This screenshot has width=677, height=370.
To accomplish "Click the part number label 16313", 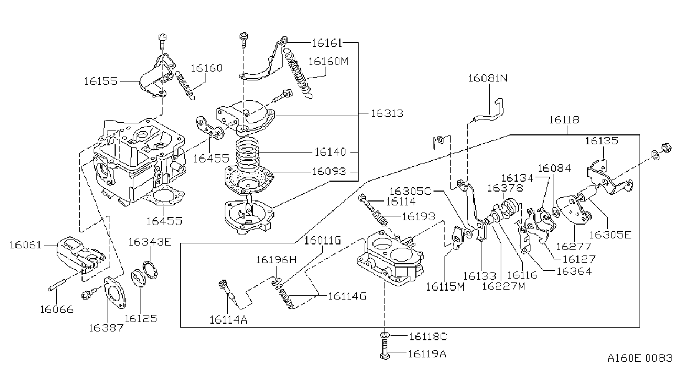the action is [387, 113].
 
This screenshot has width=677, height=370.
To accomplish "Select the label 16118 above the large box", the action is [564, 120].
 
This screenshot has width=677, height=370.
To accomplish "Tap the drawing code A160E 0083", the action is [640, 358].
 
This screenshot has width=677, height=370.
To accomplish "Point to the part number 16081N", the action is [488, 78].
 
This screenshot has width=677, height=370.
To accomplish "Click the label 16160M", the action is [328, 62].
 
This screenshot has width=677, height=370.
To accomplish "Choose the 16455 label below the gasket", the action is [164, 221].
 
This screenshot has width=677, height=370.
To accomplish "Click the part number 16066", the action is [57, 309].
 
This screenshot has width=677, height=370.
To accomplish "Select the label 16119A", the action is [427, 353].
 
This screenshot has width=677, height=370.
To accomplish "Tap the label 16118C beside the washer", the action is [428, 336].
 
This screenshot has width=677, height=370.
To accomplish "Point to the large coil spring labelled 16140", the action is [247, 154].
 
